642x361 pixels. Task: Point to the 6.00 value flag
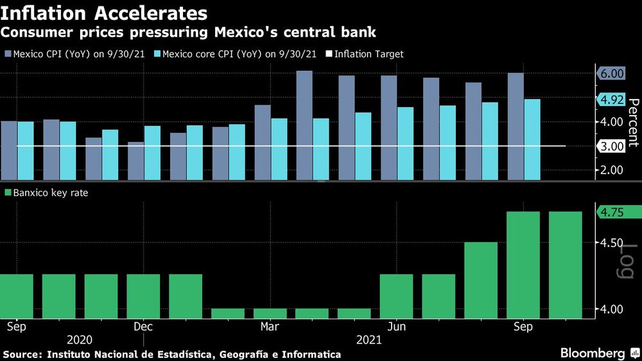coord(612,74)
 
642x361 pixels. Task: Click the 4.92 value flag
coord(612,100)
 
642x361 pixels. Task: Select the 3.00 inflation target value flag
coord(612,146)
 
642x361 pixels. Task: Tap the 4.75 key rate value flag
coord(612,213)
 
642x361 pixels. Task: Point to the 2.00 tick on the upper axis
coord(612,170)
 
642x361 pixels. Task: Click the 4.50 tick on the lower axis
coord(612,243)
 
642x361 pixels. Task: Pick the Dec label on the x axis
coord(143,326)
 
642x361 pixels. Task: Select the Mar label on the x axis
coord(270,326)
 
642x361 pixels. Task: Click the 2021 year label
coord(368,340)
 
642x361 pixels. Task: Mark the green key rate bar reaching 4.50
coord(481,280)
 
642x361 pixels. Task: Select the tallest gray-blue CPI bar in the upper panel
coord(304,125)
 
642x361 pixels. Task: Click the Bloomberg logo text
coord(592,353)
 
